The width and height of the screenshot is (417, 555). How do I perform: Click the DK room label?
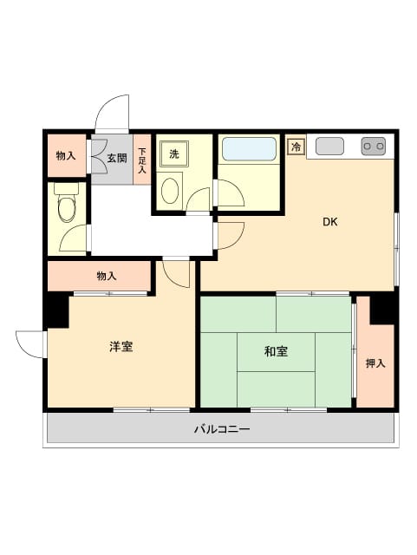click(330, 222)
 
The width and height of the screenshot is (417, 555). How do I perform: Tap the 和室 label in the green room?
click(277, 351)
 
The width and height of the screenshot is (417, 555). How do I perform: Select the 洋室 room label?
click(121, 347)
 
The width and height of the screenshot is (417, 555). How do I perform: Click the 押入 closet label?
click(375, 363)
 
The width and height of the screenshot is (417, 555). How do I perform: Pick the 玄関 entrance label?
click(117, 158)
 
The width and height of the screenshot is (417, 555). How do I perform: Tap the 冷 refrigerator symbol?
click(296, 147)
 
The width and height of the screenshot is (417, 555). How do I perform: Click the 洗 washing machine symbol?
click(173, 154)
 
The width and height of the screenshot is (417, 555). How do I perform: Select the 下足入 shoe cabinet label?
click(142, 159)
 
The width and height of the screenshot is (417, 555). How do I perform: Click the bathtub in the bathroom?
click(249, 149)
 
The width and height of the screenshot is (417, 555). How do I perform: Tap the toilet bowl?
click(67, 206)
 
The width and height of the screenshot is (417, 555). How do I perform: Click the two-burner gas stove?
click(374, 146)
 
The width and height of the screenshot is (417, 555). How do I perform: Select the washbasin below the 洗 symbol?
click(171, 190)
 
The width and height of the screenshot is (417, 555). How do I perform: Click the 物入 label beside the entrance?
click(66, 157)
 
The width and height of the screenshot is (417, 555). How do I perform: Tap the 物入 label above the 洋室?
click(107, 276)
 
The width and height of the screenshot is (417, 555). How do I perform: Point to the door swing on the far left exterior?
click(29, 343)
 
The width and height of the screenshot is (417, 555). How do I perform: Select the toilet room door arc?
click(76, 238)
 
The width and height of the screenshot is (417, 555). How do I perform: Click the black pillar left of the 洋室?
click(56, 310)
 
